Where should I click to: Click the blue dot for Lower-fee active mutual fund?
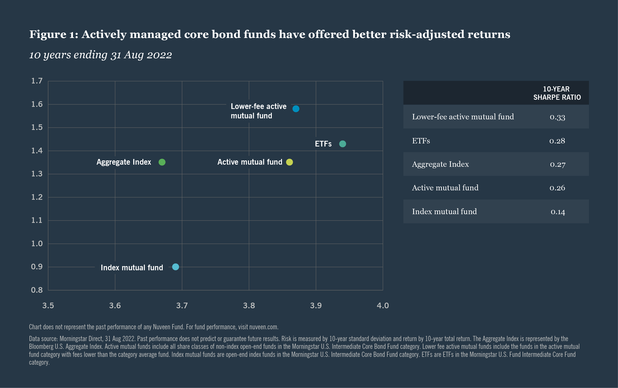pyautogui.click(x=296, y=109)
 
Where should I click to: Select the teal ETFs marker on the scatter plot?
pyautogui.click(x=342, y=144)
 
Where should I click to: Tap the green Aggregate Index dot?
pyautogui.click(x=162, y=162)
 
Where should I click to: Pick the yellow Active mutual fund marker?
pyautogui.click(x=289, y=162)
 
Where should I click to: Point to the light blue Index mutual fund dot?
pyautogui.click(x=175, y=267)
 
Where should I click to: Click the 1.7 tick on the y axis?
pyautogui.click(x=37, y=81)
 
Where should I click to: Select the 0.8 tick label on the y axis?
pyautogui.click(x=37, y=290)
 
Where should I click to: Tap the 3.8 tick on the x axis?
pyautogui.click(x=249, y=305)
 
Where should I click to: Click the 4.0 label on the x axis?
pyautogui.click(x=382, y=305)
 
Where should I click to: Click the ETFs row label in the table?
pyautogui.click(x=421, y=141)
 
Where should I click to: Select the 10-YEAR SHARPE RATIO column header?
pyautogui.click(x=557, y=93)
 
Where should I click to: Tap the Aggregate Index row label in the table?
pyautogui.click(x=440, y=164)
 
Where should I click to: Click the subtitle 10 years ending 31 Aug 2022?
pyautogui.click(x=100, y=55)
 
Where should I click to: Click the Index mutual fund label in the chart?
pyautogui.click(x=132, y=267)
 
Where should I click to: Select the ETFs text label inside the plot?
pyautogui.click(x=323, y=144)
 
